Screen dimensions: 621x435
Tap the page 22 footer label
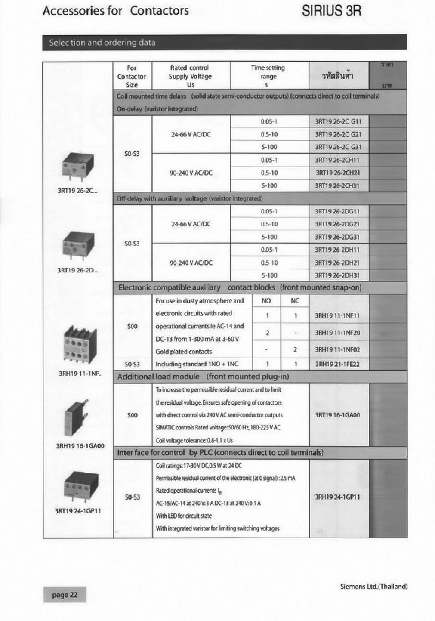[65, 595]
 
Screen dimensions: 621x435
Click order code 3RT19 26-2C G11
[338, 121]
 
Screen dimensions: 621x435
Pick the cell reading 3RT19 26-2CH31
[338, 185]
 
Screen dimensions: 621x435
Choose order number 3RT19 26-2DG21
[338, 224]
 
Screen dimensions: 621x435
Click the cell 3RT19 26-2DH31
[338, 275]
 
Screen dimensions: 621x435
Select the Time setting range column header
[268, 76]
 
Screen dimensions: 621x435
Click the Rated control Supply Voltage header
[190, 76]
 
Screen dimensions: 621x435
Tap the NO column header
[266, 301]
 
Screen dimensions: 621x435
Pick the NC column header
[295, 301]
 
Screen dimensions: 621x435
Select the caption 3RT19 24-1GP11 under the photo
[78, 511]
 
